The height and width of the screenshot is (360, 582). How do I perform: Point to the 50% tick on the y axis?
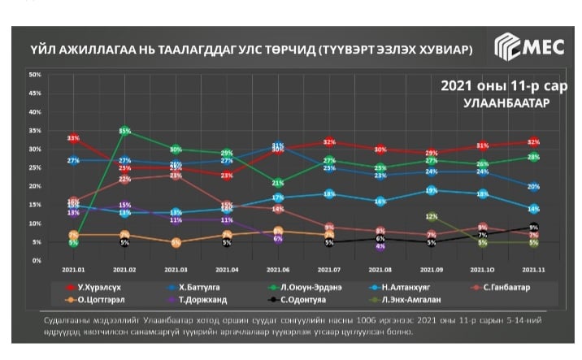tap(35, 75)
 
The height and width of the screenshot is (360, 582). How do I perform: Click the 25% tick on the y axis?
tap(35, 167)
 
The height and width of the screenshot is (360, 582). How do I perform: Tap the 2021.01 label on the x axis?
tap(73, 268)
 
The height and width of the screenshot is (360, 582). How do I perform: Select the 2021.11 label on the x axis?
tap(533, 268)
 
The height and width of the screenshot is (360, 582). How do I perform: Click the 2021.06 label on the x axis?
tap(278, 268)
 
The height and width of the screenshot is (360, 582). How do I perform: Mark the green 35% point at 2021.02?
tap(124, 131)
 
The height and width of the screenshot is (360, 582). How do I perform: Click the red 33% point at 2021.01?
tap(74, 139)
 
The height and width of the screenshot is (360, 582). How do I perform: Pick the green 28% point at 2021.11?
tap(533, 157)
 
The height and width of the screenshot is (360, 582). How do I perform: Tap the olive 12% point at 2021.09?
tap(432, 216)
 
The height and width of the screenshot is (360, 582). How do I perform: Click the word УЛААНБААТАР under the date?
tap(505, 103)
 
